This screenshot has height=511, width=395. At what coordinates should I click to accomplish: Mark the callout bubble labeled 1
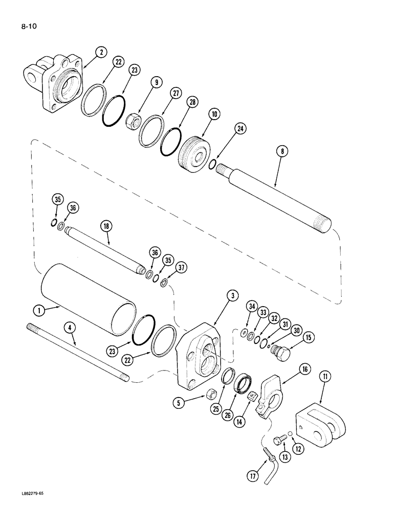38,309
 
